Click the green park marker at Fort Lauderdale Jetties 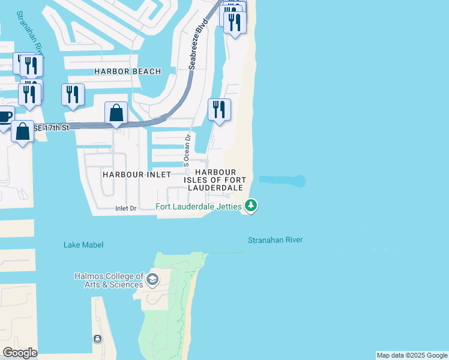[251, 206]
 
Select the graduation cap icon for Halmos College [152, 279]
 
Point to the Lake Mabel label [83, 245]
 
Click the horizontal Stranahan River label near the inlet [276, 240]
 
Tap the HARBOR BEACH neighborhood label [127, 71]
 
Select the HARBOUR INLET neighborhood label [132, 174]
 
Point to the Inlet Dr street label [127, 208]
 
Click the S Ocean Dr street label [187, 150]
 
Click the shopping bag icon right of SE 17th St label [116, 113]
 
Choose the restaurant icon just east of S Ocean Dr [219, 110]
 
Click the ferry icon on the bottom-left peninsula [97, 339]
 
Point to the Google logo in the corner [20, 353]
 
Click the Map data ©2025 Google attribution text [412, 355]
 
